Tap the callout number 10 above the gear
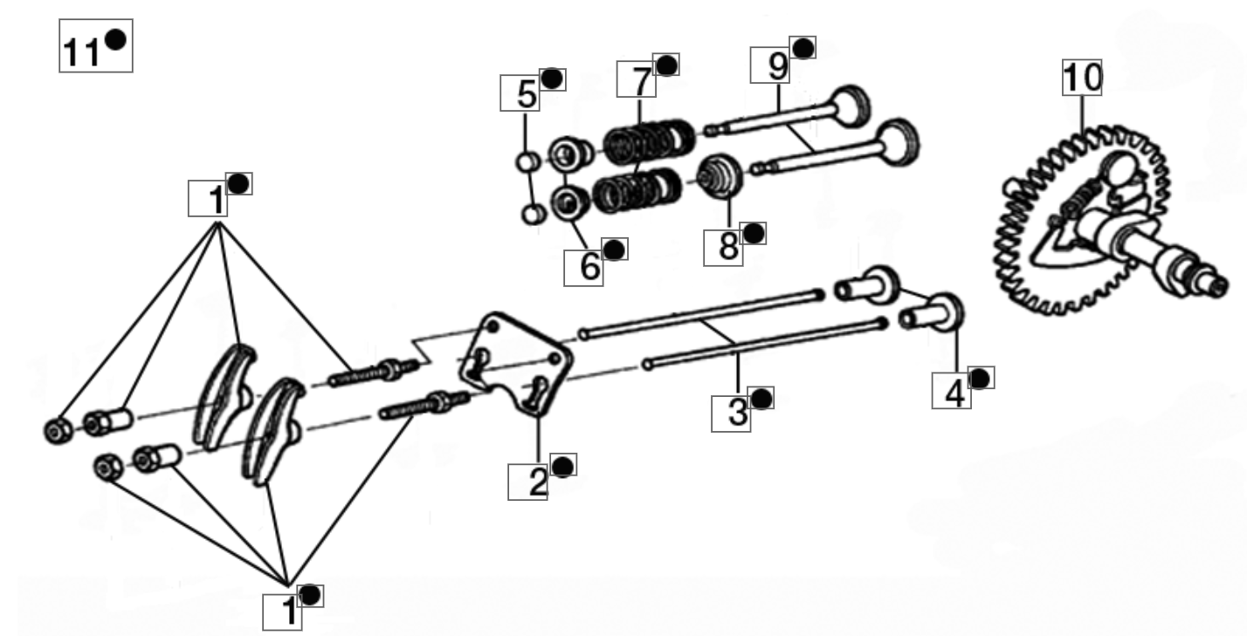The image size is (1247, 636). pyautogui.click(x=1082, y=78)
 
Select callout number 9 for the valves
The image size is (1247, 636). pyautogui.click(x=777, y=66)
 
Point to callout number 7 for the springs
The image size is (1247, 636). pyautogui.click(x=642, y=81)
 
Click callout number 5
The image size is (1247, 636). pyautogui.click(x=526, y=94)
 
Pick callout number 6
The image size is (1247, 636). pyautogui.click(x=589, y=266)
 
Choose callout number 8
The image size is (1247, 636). pyautogui.click(x=728, y=246)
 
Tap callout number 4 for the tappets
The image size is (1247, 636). pyautogui.click(x=955, y=394)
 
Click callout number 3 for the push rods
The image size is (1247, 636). pyautogui.click(x=738, y=413)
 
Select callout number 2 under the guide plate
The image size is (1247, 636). pyautogui.click(x=538, y=482)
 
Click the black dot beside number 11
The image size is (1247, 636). pyautogui.click(x=115, y=39)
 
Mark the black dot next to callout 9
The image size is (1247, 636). pyautogui.click(x=803, y=48)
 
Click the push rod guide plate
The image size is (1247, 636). pyautogui.click(x=515, y=364)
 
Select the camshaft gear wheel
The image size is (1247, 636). pyautogui.click(x=1083, y=220)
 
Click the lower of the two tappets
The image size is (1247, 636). pyautogui.click(x=932, y=313)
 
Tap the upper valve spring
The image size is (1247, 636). pyautogui.click(x=650, y=141)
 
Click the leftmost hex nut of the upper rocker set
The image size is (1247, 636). pyautogui.click(x=59, y=430)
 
